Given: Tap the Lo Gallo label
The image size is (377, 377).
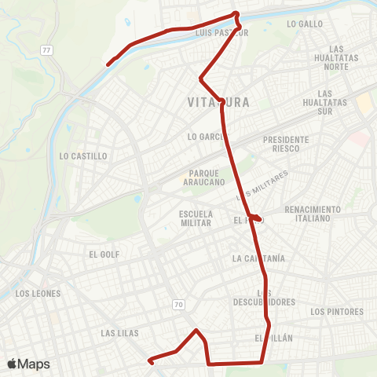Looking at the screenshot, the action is (306, 24).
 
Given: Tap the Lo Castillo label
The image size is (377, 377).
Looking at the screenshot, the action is (83, 156).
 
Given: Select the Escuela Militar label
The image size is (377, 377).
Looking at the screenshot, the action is (196, 218).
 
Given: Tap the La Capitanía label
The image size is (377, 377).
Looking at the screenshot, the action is (258, 258).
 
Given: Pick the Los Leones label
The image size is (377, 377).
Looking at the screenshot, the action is (38, 294).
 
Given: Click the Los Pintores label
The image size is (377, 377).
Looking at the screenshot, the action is (338, 312).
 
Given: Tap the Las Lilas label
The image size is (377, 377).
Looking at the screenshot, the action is (120, 333).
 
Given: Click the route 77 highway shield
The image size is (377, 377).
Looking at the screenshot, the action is (48, 49).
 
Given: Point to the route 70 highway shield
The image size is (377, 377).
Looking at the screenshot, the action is (178, 304).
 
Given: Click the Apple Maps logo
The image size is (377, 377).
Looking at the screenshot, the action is (29, 364).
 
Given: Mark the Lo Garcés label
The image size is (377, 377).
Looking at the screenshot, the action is (207, 137).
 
